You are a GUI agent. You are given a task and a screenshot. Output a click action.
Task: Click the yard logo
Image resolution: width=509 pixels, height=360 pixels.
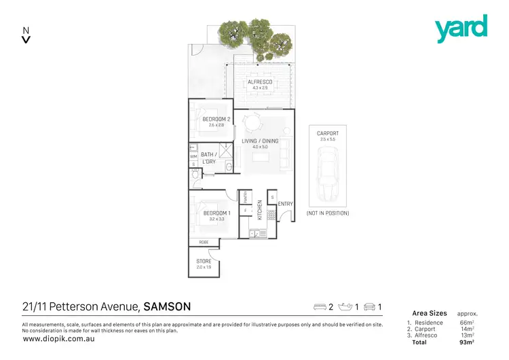(x=461, y=29)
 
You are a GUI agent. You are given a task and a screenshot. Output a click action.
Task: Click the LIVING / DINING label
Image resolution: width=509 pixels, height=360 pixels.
(x=260, y=141)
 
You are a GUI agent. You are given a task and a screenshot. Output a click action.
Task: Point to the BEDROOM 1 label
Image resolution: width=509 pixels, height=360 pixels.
(x=217, y=213)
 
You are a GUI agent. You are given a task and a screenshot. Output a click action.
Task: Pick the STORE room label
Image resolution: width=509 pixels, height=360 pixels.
(x=204, y=261)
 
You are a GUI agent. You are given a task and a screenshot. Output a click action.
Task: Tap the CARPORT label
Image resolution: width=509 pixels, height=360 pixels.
(x=327, y=133)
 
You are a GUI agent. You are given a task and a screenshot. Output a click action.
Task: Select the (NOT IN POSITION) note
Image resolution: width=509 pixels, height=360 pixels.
(x=327, y=213)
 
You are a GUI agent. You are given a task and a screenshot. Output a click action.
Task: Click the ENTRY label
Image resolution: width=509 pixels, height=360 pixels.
(x=285, y=204)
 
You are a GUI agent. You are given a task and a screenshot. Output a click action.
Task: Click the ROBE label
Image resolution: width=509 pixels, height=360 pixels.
(x=204, y=242)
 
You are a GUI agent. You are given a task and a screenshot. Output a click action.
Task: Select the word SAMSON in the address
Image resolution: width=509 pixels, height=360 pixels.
(x=167, y=306)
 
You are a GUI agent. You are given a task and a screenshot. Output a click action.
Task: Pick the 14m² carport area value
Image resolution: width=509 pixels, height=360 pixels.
(x=467, y=329)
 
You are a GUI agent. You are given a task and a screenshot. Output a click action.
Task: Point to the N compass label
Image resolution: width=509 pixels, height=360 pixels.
(x=26, y=30)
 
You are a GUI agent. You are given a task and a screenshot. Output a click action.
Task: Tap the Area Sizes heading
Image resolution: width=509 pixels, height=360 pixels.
(x=429, y=313)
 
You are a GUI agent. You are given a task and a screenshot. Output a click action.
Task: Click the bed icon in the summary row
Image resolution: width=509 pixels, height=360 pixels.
(x=319, y=307)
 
